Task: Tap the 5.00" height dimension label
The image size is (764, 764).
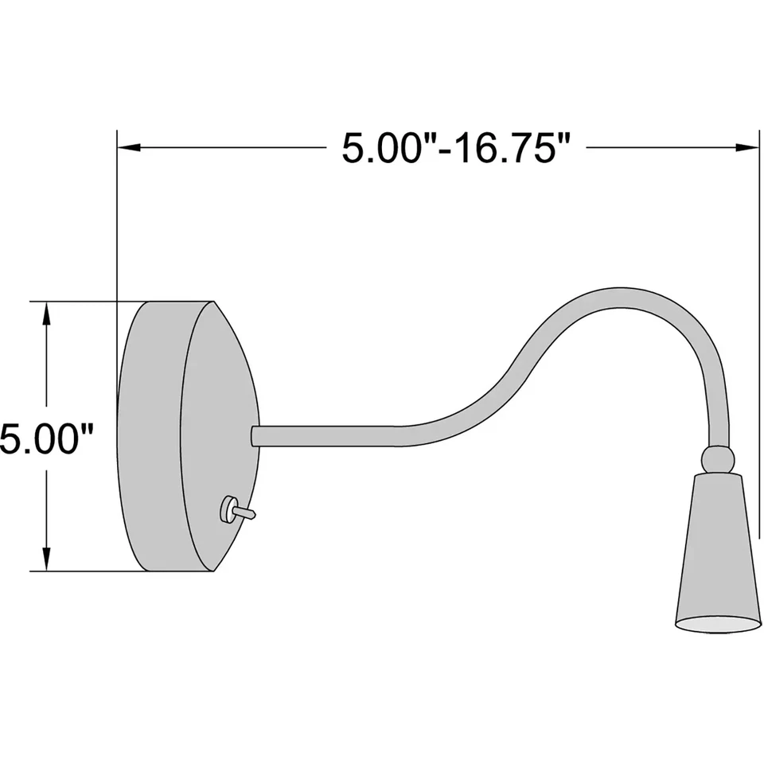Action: point(47,440)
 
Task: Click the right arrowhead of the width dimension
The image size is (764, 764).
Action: point(748,147)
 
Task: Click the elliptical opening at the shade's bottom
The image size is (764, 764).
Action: point(719,624)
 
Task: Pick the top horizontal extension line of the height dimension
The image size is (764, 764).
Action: point(80,302)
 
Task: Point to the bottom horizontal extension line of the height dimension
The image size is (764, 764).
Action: point(80,571)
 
